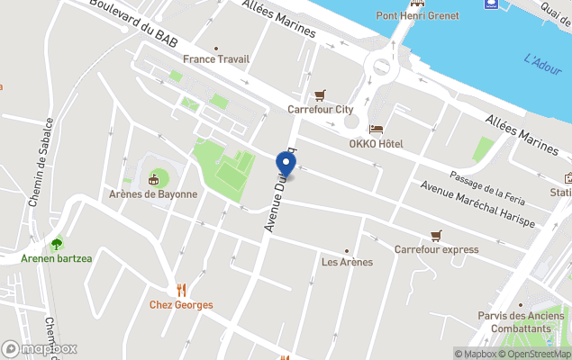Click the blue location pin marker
(x=286, y=165)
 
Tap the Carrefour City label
(x=319, y=110)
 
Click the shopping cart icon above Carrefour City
(x=319, y=94)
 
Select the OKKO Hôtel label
(x=376, y=144)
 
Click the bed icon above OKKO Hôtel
(x=376, y=129)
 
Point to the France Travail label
(x=216, y=59)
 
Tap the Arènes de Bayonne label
(x=152, y=193)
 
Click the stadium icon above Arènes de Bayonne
(x=153, y=178)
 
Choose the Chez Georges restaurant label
(x=181, y=305)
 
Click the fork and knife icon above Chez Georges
(x=181, y=289)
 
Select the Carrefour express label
(x=436, y=249)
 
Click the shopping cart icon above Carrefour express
(x=436, y=234)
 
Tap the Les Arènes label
(x=347, y=262)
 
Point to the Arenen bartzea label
(x=58, y=259)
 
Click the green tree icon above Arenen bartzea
(x=58, y=243)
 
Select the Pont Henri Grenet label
(x=417, y=16)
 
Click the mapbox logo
(x=40, y=348)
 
